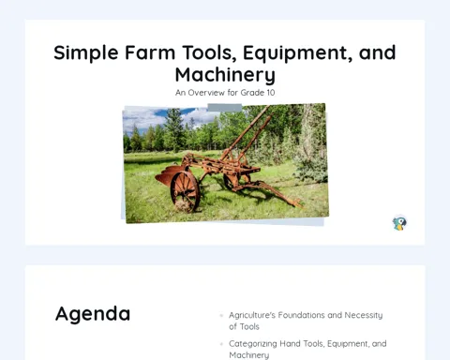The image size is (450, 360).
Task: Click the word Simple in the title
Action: click(86, 53)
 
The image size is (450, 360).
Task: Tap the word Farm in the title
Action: click(150, 52)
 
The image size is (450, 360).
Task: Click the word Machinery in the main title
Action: click(225, 75)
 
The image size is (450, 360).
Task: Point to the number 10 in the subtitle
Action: click(270, 93)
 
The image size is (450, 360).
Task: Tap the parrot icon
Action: click(399, 223)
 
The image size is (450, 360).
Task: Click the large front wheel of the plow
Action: click(185, 191)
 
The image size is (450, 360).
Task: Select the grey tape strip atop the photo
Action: click(225, 108)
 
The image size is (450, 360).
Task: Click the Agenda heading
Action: click(93, 314)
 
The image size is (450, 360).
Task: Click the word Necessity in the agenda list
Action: click(364, 315)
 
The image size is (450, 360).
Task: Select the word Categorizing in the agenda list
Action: click(252, 344)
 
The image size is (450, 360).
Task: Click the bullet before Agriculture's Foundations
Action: click(221, 315)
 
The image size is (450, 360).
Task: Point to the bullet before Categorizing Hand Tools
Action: click(221, 344)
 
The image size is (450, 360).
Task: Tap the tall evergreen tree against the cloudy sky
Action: click(172, 129)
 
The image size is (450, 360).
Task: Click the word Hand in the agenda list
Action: click(289, 344)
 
